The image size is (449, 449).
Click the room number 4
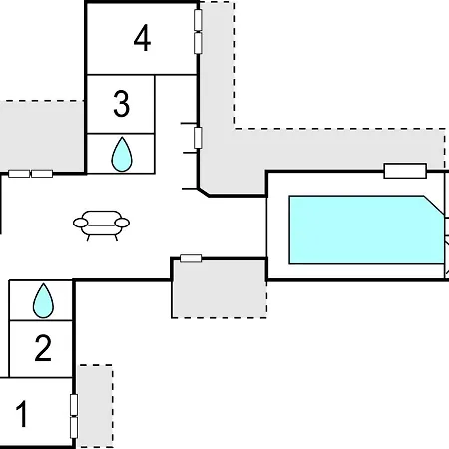click(x=142, y=39)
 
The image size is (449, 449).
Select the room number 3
click(x=121, y=104)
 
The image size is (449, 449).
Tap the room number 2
click(x=43, y=348)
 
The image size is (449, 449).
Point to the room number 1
click(x=22, y=414)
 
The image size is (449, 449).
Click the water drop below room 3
click(x=122, y=154)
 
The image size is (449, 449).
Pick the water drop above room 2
click(x=43, y=300)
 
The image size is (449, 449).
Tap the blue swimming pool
click(x=366, y=229)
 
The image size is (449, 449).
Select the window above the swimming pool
click(x=405, y=171)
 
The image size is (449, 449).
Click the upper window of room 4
click(x=198, y=20)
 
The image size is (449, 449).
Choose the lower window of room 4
click(x=198, y=43)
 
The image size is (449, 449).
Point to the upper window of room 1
click(x=74, y=405)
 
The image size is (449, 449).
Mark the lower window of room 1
click(x=74, y=428)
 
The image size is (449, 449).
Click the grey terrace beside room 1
click(x=95, y=406)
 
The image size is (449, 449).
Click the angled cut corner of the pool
click(x=434, y=206)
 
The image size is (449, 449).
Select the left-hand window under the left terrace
click(x=19, y=174)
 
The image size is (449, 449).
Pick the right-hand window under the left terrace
click(x=42, y=174)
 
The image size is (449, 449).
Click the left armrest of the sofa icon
click(x=81, y=223)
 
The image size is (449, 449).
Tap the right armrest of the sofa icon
click(x=122, y=223)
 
